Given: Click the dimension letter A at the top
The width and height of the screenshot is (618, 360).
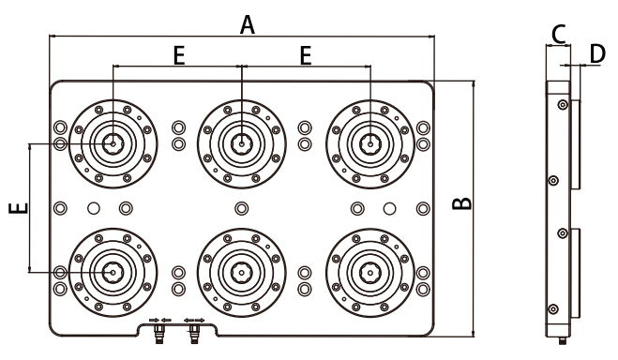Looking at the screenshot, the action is point(248,24).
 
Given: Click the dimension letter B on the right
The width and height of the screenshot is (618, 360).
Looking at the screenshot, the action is point(461,203).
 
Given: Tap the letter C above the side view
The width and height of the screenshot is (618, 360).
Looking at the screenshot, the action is point(559,35).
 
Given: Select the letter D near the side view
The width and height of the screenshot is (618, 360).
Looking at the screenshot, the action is point(597,53).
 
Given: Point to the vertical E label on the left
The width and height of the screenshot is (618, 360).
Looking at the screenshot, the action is point(19,208).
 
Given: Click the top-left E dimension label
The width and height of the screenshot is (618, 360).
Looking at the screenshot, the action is point(179,55).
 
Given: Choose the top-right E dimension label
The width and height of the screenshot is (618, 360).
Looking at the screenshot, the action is point(306,55).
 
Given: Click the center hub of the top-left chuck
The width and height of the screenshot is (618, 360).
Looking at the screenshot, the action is point(113,143).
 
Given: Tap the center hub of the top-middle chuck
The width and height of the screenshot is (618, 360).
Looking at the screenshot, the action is point(242,143).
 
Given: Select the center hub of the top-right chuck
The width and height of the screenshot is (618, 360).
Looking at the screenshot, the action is point(370,143).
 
